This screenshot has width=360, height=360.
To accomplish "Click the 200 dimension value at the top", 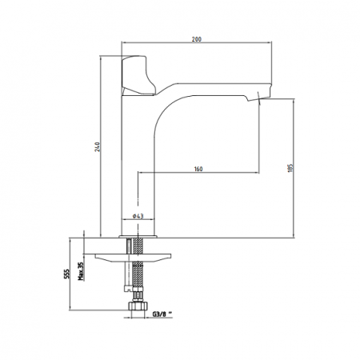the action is coord(197,39).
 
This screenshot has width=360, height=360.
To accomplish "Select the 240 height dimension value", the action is coord(98,147).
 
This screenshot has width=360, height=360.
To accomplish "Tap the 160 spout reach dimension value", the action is coord(198,169).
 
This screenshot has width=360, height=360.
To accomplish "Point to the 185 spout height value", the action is coord(290,168).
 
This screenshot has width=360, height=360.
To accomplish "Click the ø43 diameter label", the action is coord(138,216).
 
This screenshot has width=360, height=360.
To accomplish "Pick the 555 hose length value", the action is coord(66,274).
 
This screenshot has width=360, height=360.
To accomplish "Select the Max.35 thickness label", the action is coord(81,271).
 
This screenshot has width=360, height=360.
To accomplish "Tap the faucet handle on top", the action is coord(138,75).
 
